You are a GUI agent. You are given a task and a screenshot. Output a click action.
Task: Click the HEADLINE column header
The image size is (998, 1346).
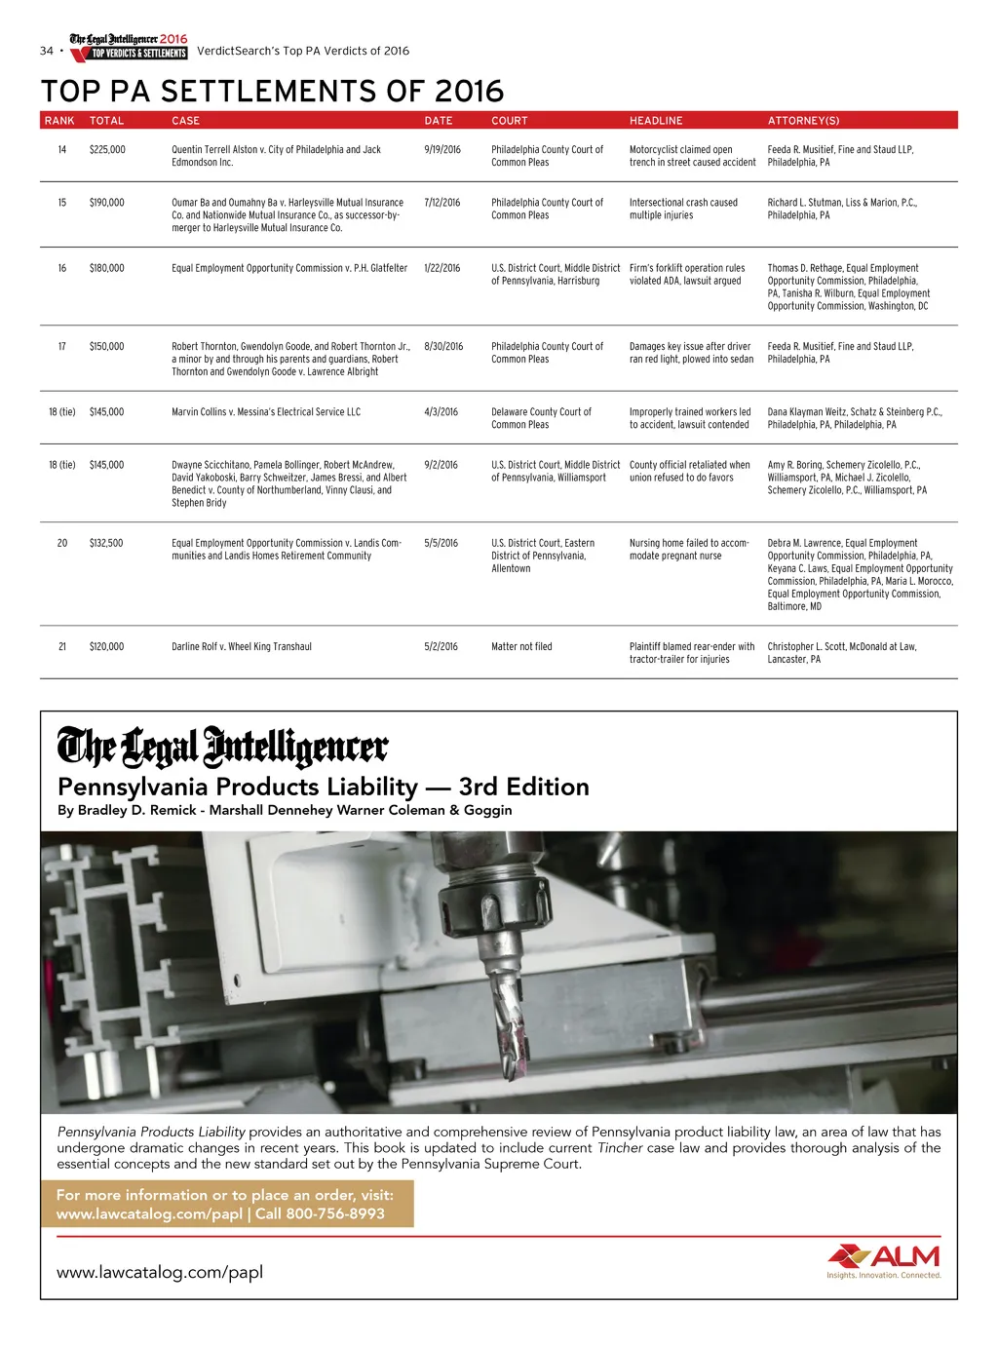click(656, 121)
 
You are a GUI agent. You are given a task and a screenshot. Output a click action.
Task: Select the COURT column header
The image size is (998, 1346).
click(509, 121)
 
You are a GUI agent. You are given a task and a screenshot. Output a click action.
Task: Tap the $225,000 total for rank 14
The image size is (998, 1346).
click(107, 150)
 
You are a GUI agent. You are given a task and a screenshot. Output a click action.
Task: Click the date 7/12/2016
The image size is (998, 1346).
click(442, 203)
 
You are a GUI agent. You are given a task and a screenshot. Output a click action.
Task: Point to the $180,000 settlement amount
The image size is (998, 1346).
click(107, 268)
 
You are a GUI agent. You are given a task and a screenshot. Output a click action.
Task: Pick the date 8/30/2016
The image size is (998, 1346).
click(443, 346)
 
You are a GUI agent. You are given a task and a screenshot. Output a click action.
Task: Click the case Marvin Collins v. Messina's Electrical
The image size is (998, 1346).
click(266, 412)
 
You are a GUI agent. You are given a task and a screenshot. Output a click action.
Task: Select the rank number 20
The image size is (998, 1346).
click(62, 543)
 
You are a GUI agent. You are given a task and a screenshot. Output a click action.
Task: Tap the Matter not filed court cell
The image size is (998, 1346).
click(521, 646)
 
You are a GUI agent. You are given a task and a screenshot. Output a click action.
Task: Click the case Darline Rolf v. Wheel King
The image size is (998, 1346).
click(242, 646)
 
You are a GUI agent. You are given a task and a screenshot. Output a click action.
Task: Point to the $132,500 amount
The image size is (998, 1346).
click(106, 543)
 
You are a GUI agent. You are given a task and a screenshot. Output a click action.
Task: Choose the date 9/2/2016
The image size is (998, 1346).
click(441, 465)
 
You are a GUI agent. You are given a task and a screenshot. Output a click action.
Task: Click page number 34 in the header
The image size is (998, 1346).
click(46, 51)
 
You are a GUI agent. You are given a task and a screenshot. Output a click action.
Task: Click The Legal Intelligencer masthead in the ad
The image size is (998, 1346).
click(222, 748)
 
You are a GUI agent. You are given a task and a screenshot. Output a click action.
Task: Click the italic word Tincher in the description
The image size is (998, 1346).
click(620, 1148)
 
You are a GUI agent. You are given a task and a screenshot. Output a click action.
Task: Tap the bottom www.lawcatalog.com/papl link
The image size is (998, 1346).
click(160, 1272)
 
